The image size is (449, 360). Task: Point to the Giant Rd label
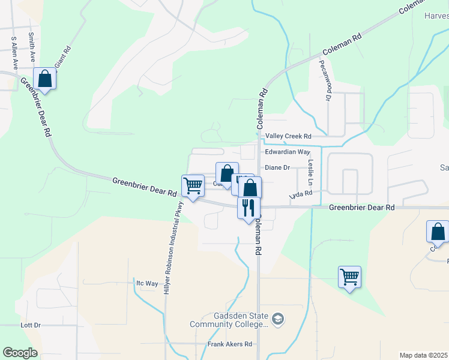click(x=62, y=56)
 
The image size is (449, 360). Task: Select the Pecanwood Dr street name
click(x=325, y=80)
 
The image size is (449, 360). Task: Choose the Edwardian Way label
click(x=288, y=152)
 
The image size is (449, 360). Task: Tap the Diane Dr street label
click(x=277, y=168)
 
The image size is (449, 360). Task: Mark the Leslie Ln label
click(x=311, y=172)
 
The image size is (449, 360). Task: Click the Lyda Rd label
click(x=301, y=194)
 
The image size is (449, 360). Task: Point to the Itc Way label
click(x=147, y=283)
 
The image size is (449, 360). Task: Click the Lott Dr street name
click(x=30, y=325)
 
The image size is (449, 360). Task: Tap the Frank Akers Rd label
click(x=230, y=344)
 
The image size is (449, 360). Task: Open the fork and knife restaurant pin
click(x=249, y=208)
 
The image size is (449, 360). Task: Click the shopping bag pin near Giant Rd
click(x=45, y=78)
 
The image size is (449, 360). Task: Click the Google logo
click(x=20, y=353)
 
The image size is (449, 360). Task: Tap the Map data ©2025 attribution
click(x=423, y=355)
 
